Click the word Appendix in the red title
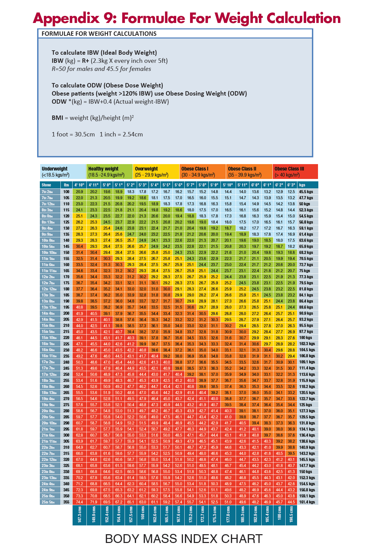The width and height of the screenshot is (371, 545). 66,19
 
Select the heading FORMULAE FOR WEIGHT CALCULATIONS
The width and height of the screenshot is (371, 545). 99,34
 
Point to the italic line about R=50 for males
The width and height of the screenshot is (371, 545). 101,69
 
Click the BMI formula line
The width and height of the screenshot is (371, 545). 92,118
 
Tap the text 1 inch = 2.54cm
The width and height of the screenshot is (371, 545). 121,134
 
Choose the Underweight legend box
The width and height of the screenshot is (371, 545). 63,172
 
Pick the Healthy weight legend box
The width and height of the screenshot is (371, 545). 109,172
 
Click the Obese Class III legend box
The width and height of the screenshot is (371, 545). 295,172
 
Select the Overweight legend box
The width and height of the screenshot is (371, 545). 156,172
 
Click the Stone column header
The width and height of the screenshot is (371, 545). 47,185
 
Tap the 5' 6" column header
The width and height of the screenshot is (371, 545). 179,185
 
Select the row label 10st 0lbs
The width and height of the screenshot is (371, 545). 48,240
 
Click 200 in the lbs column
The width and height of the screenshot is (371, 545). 66,313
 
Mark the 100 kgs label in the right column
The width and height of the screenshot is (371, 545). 306,338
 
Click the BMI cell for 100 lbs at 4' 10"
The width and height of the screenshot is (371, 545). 79,192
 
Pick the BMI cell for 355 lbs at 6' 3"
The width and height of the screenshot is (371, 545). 291,502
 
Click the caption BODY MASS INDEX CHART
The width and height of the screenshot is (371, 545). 184,538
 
